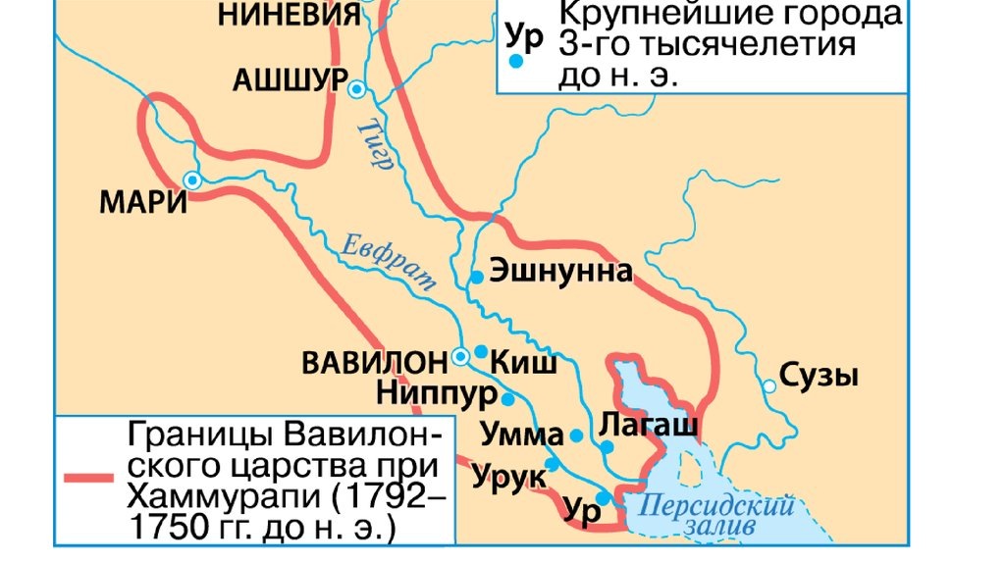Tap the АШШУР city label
coord(290,80)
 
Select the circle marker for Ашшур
coord(357,88)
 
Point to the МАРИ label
coord(143,202)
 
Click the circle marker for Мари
coord(192,180)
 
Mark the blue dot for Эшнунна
coord(476,278)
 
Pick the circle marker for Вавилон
coord(460,357)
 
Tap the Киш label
coord(529,363)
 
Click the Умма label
coord(522,435)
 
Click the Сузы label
coord(820,376)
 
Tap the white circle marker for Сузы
coord(769,386)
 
